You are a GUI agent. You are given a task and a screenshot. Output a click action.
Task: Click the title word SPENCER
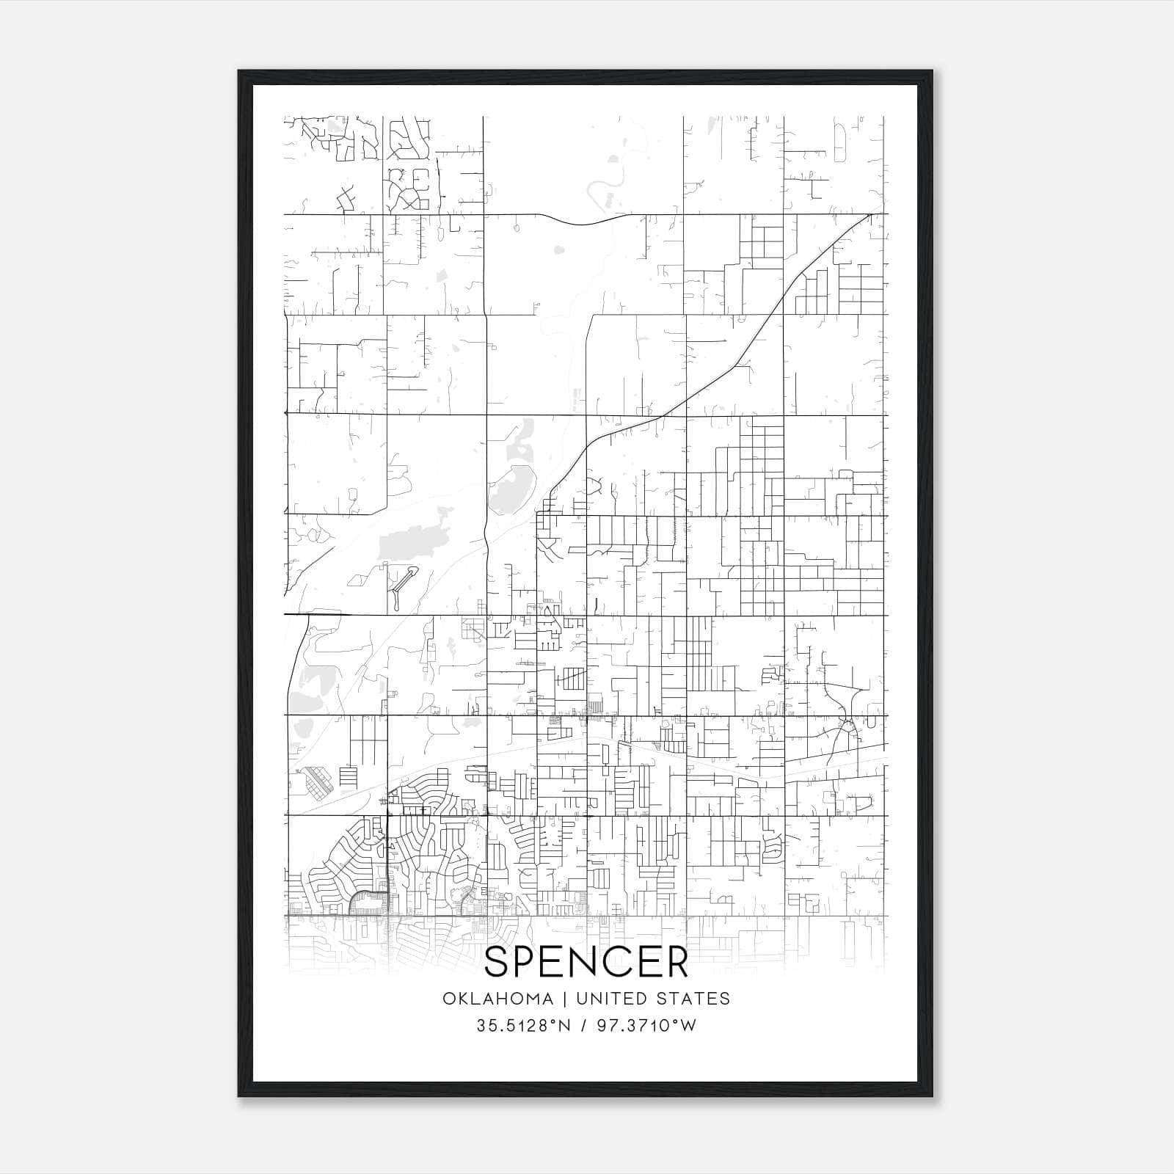(586, 962)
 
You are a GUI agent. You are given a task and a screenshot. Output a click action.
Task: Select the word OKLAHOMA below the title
(497, 998)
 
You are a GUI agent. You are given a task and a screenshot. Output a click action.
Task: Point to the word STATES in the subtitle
(694, 998)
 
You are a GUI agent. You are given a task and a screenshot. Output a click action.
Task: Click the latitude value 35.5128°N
(523, 1025)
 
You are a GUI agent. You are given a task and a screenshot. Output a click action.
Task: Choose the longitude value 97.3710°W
(646, 1025)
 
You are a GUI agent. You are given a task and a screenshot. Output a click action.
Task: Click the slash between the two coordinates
(584, 1025)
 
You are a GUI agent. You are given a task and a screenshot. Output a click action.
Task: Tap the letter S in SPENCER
(499, 962)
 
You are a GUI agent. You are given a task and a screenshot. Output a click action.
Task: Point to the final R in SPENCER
(677, 962)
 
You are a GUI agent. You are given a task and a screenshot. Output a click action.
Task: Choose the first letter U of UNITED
(581, 998)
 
